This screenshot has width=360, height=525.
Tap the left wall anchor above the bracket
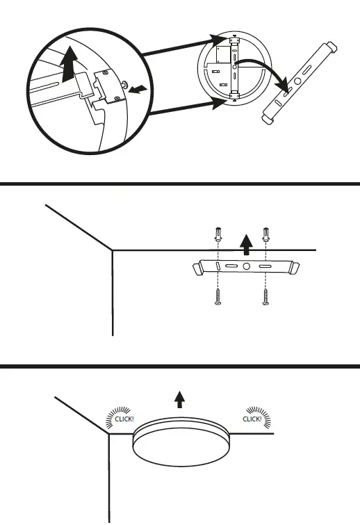point(219,235)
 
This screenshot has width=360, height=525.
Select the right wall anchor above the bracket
point(265,235)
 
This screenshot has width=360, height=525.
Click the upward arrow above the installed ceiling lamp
point(180,398)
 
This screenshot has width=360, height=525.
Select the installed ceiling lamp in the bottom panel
point(179,444)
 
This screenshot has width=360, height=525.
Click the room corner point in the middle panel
point(113,250)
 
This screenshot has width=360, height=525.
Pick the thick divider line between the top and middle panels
point(180,184)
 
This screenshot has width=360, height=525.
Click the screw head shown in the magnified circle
point(124,85)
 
